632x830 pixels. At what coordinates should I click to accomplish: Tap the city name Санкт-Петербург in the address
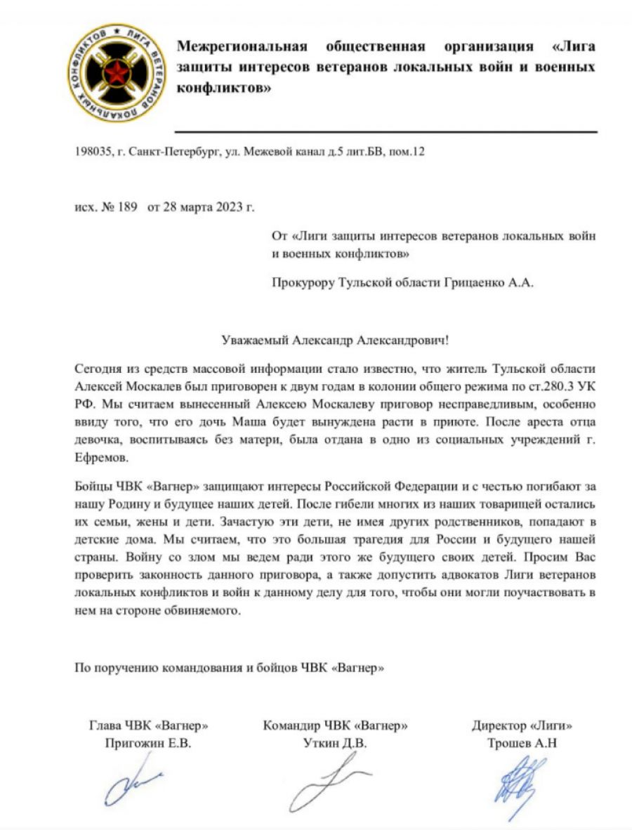pos(166,152)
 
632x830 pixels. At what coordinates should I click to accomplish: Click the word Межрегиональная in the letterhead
pos(242,47)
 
